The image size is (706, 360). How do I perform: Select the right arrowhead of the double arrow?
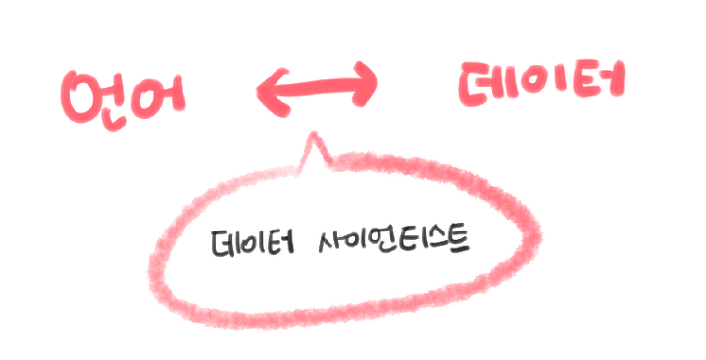tap(365, 86)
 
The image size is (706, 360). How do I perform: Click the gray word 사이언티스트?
tap(392, 241)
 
